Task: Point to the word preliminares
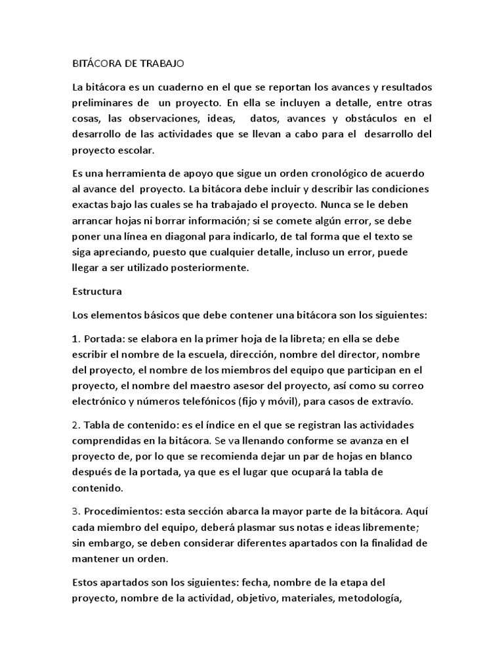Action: tap(102, 103)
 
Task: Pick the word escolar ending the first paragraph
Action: tap(135, 150)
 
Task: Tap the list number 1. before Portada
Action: tap(75, 339)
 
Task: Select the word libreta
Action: tap(303, 339)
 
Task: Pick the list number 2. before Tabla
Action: tap(75, 425)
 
